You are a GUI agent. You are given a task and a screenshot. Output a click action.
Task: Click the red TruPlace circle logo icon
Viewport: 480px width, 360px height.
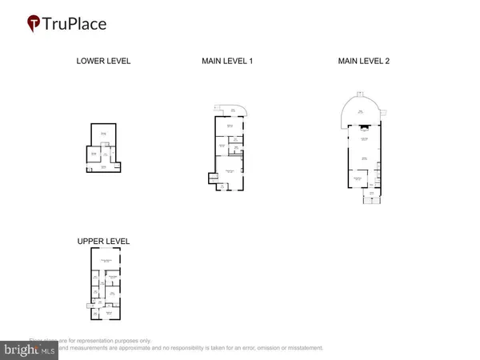tap(34, 23)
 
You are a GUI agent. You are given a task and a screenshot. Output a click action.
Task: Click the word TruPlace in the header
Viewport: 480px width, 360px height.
tap(79, 23)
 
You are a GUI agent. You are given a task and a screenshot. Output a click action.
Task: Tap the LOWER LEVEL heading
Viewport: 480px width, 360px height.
tap(103, 61)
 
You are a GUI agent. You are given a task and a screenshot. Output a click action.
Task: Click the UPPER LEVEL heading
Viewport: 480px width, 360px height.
tap(103, 241)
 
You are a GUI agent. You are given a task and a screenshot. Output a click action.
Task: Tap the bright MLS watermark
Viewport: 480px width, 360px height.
tap(29, 349)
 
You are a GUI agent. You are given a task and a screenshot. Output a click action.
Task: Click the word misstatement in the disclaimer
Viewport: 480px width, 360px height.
tap(296, 348)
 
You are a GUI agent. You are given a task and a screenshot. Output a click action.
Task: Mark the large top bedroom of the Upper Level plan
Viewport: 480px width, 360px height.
tap(105, 261)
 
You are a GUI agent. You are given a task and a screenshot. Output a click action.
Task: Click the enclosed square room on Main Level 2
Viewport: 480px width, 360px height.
tap(359, 180)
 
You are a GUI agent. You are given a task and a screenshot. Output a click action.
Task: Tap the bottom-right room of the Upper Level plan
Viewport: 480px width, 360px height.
tap(110, 314)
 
